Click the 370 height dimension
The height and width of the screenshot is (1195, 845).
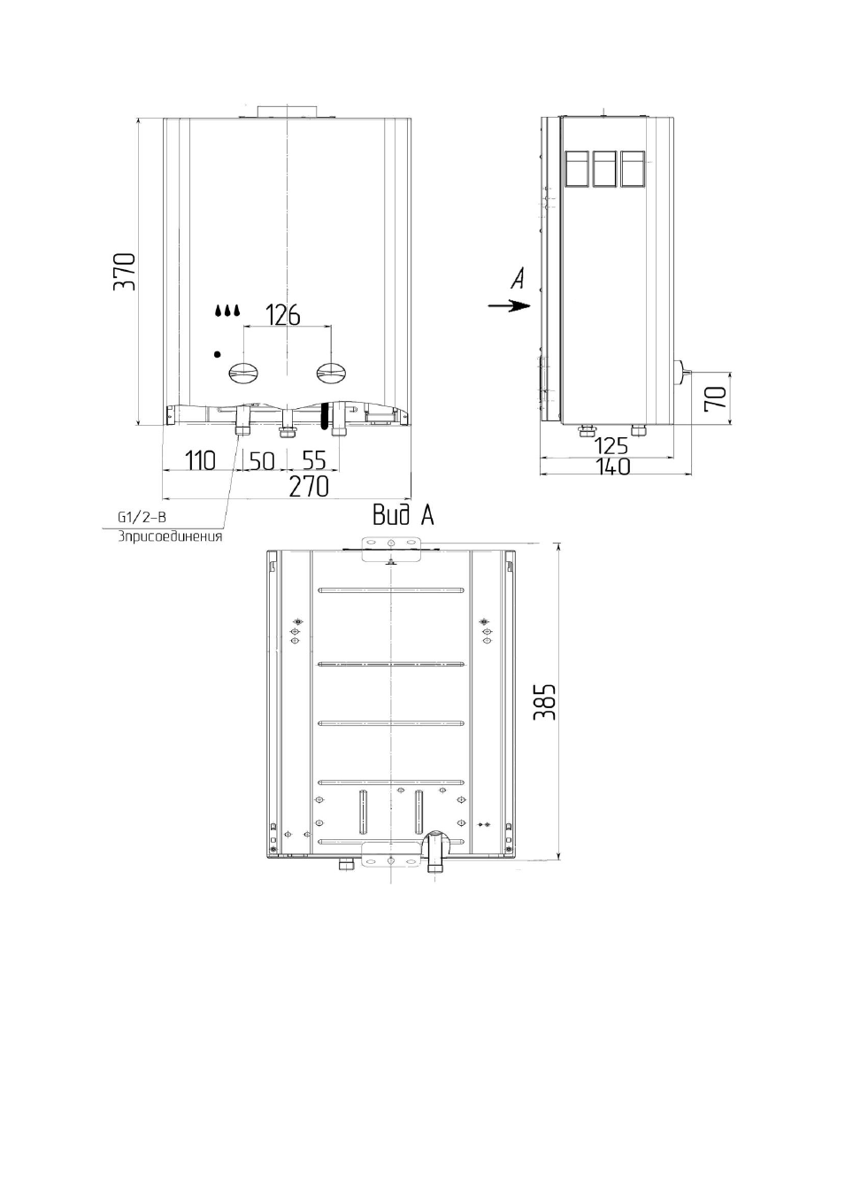[125, 272]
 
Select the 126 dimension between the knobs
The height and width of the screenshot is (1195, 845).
[283, 315]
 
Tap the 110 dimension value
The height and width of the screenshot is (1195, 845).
[201, 460]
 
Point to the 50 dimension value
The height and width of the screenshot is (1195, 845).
[262, 461]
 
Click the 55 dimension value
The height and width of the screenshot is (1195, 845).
[313, 460]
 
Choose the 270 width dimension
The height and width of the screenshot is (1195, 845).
[309, 487]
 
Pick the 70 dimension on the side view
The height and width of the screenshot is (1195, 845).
[716, 398]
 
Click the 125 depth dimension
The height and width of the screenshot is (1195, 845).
[611, 446]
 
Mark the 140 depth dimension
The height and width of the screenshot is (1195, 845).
[612, 466]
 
